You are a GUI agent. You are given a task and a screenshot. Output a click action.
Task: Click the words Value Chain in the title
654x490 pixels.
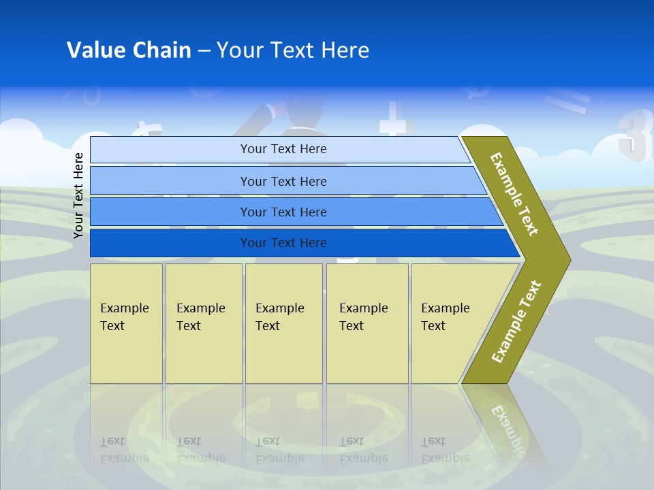(x=129, y=50)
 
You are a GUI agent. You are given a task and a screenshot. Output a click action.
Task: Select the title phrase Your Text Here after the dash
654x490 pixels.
(x=293, y=50)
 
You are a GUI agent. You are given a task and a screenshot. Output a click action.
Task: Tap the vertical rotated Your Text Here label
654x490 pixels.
(x=79, y=195)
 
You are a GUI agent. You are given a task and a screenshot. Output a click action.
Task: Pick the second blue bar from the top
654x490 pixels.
(x=283, y=181)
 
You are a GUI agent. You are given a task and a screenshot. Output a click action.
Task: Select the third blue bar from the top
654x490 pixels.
(x=283, y=212)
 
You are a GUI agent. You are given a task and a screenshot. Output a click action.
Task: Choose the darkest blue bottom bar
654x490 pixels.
(x=283, y=243)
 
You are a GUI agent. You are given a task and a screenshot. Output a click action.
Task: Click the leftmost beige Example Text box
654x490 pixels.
(x=126, y=323)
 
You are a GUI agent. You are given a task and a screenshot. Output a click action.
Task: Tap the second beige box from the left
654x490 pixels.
(x=203, y=323)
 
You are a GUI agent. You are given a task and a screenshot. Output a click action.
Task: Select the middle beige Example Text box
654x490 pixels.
(x=283, y=323)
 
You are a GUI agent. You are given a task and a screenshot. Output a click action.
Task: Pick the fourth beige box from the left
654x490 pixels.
(x=367, y=323)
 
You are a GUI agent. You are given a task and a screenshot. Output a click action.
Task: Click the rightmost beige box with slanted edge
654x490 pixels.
(x=450, y=323)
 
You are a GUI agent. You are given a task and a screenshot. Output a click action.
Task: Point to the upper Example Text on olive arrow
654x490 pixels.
(x=514, y=194)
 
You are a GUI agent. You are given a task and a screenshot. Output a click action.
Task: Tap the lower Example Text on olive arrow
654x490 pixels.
(x=516, y=321)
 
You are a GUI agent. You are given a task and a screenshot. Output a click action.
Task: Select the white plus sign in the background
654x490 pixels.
(x=396, y=122)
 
